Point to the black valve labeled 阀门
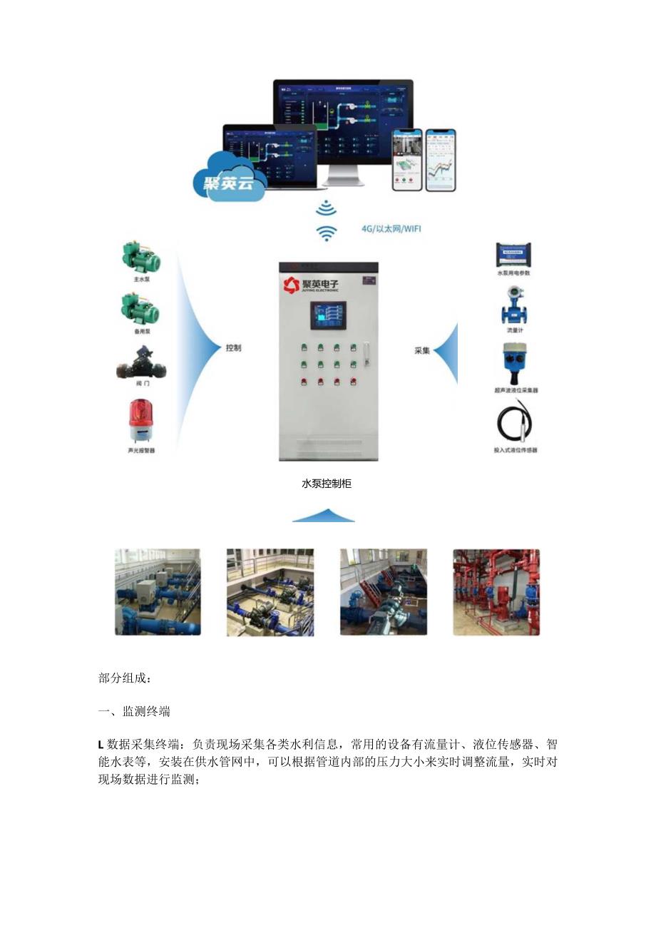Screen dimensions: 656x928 point(141,364)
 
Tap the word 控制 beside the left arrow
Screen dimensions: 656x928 point(233,348)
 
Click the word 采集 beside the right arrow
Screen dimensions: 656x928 point(422,350)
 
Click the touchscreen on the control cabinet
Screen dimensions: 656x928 point(327,316)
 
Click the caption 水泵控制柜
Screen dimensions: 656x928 point(327,484)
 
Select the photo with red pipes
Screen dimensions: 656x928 point(496,592)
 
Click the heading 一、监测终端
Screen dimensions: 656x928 point(134,712)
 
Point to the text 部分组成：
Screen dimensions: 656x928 point(124,678)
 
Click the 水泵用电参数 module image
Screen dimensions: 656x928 point(514,255)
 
